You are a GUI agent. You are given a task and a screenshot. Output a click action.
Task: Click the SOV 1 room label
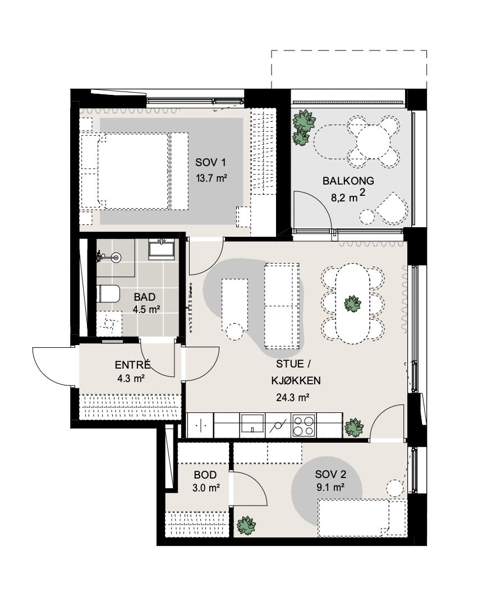point(210,162)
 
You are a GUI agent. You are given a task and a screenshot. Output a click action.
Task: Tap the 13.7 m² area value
point(211,178)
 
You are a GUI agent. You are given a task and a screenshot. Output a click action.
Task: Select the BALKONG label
point(348,181)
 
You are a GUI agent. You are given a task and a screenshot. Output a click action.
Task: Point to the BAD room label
point(144,297)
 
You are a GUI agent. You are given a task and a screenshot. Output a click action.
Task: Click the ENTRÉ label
point(132,364)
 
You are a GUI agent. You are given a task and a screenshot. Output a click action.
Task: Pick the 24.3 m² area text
point(293,397)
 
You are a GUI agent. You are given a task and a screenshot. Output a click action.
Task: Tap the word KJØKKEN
point(296,380)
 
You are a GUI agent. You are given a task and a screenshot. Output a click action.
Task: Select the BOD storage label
point(205,475)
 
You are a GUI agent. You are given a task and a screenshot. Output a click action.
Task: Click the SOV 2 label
point(330,475)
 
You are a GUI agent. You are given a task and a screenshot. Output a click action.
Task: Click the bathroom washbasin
point(162,247)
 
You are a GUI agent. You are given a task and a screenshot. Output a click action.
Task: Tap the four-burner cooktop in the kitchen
point(304,425)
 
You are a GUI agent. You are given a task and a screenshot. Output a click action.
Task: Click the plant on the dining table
point(352,304)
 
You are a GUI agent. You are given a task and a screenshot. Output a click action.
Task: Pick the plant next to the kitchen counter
point(353,428)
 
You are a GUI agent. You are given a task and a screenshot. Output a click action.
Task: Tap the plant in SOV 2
point(246,525)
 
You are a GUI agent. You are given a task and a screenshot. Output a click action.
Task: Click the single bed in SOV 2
point(362,518)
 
